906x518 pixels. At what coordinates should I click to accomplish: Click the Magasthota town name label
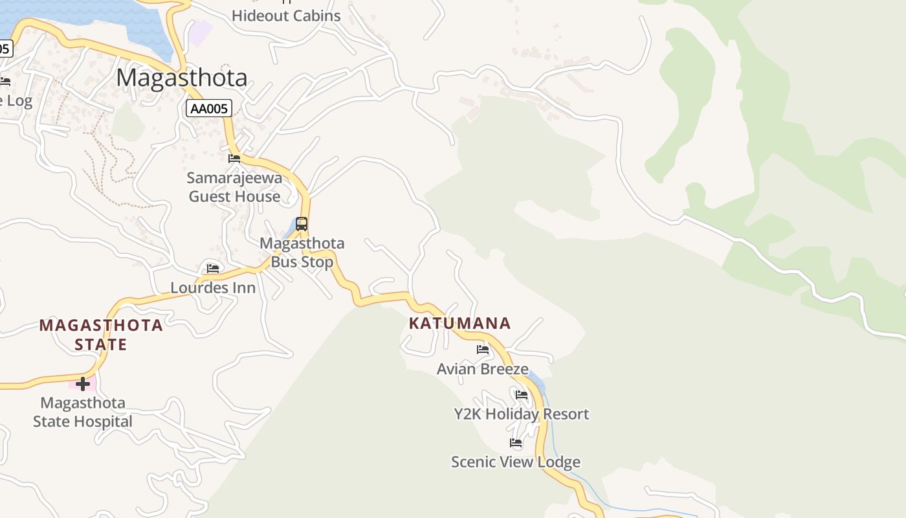(182, 78)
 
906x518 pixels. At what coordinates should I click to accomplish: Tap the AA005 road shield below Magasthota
(209, 109)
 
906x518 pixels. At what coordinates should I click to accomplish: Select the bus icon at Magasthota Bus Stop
(302, 224)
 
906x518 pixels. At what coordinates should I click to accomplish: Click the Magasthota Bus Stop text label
(302, 253)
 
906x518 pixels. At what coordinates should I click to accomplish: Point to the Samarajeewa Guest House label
(234, 186)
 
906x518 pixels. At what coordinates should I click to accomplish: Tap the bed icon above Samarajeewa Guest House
(234, 158)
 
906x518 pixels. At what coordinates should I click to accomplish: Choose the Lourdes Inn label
(213, 287)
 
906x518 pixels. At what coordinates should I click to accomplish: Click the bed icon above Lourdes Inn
(213, 268)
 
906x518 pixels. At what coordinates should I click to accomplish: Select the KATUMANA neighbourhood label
(460, 323)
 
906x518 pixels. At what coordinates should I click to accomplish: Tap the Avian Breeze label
(483, 369)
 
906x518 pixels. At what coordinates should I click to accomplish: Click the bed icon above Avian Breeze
(483, 350)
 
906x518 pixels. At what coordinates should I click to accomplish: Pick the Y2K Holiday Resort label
(522, 414)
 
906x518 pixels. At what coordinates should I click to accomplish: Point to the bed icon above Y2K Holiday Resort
(522, 394)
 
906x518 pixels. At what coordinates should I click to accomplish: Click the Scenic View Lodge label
(516, 462)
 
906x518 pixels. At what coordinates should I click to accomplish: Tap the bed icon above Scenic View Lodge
(516, 443)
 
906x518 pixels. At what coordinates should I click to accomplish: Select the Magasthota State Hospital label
(83, 412)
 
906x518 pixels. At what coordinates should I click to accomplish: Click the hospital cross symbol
(83, 384)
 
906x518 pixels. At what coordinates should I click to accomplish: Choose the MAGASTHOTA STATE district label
(101, 334)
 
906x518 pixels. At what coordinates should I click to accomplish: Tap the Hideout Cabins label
(286, 16)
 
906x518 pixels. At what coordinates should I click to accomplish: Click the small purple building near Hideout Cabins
(200, 32)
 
